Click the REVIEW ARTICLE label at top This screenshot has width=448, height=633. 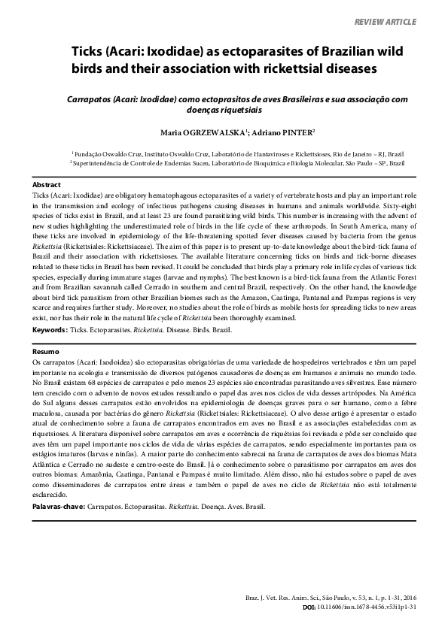(x=385, y=23)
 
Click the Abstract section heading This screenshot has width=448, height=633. (x=47, y=184)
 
